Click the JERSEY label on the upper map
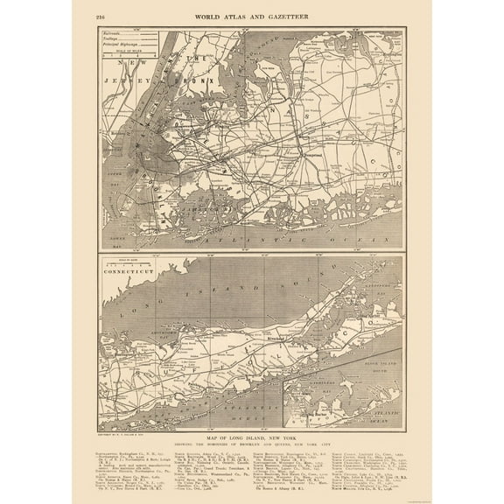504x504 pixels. [x=120, y=75]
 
